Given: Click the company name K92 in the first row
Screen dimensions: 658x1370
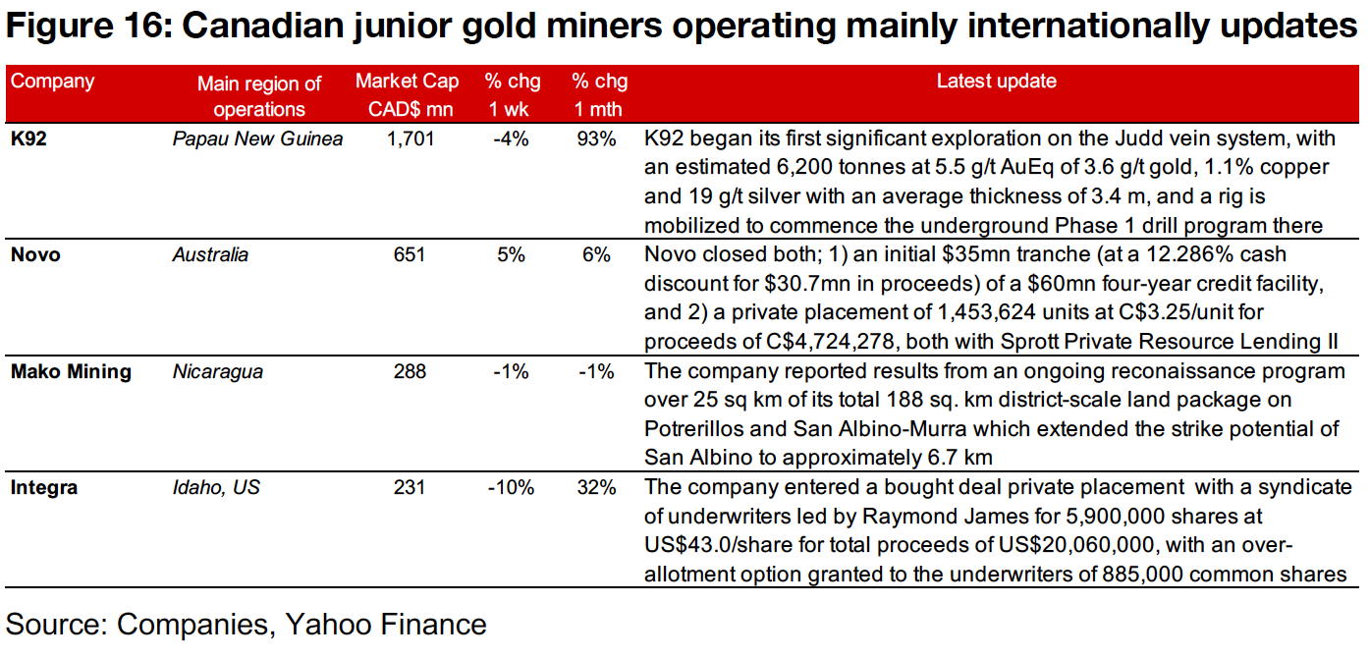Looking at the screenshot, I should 28,139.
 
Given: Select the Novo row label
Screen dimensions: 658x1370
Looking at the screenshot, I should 35,255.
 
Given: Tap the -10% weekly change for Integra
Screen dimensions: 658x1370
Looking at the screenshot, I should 510,487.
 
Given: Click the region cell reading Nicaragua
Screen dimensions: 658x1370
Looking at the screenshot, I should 218,371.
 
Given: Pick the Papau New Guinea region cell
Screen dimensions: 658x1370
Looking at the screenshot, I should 257,139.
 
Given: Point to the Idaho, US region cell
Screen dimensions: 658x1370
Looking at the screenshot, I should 216,487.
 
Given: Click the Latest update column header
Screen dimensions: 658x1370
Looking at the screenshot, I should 996,82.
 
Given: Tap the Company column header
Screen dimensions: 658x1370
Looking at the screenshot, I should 53,82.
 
